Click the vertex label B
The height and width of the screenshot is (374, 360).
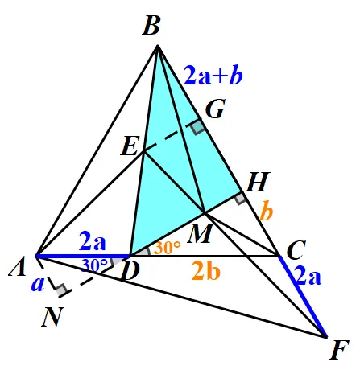(x=151, y=26)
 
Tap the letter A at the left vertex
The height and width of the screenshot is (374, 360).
(x=18, y=266)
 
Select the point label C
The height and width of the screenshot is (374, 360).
(x=296, y=250)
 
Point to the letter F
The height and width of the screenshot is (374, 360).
(x=339, y=350)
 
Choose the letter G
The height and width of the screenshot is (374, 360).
(x=215, y=109)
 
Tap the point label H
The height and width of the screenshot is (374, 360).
(x=258, y=182)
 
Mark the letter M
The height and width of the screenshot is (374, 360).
(x=201, y=233)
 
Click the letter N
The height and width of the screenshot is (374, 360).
(x=52, y=317)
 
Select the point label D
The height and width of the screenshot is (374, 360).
(x=130, y=271)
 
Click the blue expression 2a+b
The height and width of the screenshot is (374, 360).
(x=213, y=76)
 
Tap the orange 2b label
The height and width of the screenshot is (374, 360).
(x=206, y=271)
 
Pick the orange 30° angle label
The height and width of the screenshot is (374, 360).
(x=167, y=247)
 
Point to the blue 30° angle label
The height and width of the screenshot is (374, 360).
(x=95, y=265)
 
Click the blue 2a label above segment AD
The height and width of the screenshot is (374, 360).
(x=93, y=241)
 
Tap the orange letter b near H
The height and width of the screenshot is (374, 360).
(x=267, y=212)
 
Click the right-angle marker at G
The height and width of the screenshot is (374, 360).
(x=198, y=127)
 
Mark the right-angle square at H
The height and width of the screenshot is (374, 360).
(x=240, y=199)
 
